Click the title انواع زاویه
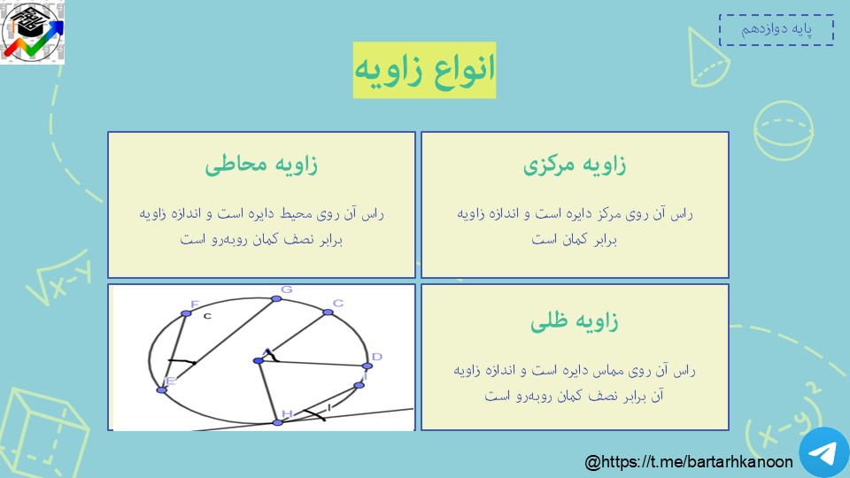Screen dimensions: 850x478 [x=424, y=70]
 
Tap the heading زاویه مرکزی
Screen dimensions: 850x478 [x=575, y=165]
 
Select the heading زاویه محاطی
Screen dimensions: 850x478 [x=261, y=165]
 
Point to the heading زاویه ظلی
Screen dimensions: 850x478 [x=575, y=320]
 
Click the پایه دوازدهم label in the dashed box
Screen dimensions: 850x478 [x=777, y=29]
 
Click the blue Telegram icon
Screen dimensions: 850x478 [x=824, y=453]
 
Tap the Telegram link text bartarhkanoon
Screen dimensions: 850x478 [x=689, y=462]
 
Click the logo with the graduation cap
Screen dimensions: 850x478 [x=33, y=32]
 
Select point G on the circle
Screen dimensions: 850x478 [x=276, y=298]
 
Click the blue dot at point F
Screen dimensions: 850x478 [x=186, y=313]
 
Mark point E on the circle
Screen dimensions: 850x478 [x=161, y=389]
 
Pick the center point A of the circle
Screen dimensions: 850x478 [x=259, y=360]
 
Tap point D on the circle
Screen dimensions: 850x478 [x=367, y=366]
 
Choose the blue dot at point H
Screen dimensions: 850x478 [x=277, y=422]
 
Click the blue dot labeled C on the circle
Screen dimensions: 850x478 [x=328, y=312]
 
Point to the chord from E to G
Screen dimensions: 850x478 [x=219, y=344]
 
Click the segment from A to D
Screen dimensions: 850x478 [x=313, y=363]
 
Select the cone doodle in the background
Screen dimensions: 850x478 [x=708, y=58]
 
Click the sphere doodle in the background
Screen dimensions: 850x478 [x=784, y=131]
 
